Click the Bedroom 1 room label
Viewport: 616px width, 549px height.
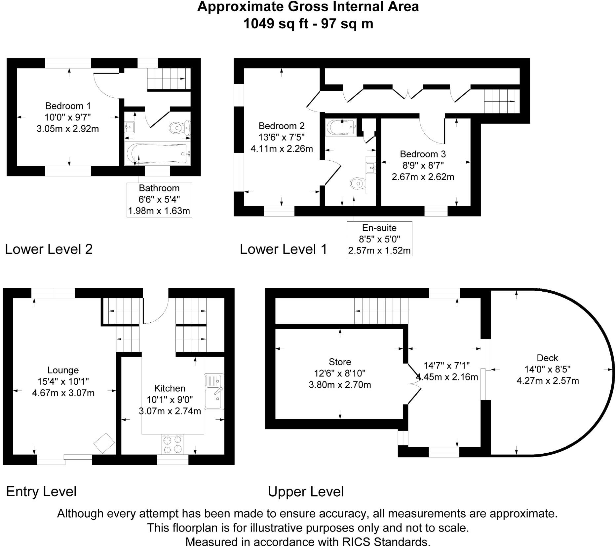(68, 106)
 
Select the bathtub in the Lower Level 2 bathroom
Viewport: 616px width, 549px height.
(157, 154)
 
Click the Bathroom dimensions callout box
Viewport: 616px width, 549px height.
(159, 200)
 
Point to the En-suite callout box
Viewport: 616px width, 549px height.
(379, 239)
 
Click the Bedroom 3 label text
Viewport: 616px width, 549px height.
(423, 154)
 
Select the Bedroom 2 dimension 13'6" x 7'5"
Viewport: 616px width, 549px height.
(282, 137)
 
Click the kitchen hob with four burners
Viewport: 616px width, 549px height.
(173, 444)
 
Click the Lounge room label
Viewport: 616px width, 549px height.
(63, 370)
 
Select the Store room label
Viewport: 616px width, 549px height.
(340, 362)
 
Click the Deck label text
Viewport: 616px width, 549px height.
(547, 358)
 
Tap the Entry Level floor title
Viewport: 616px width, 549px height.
(41, 492)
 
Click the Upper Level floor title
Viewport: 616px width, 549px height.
(306, 492)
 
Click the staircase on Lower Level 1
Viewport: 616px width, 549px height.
(499, 101)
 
